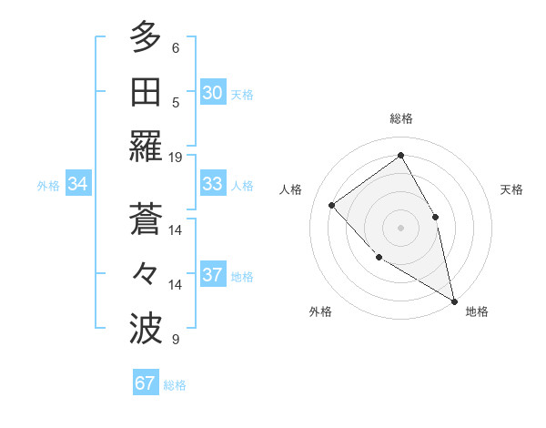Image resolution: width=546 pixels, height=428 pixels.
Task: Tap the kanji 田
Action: [146, 92]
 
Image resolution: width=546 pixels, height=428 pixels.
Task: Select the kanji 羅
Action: [146, 147]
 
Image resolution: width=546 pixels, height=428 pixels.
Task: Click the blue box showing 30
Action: [213, 93]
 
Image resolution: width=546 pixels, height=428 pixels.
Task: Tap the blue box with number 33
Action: [213, 184]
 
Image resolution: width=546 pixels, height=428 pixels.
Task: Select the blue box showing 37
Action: [213, 275]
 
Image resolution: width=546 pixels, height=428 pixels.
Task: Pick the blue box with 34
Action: [78, 184]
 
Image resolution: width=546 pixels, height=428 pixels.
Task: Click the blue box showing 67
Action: [146, 383]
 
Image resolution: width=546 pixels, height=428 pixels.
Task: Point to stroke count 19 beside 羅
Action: [176, 157]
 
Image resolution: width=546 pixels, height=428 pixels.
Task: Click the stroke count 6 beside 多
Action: [176, 47]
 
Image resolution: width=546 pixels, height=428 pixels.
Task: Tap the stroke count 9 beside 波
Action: [176, 340]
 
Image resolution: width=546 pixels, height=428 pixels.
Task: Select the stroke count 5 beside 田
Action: [176, 102]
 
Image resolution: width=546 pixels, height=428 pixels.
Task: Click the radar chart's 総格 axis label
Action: [401, 118]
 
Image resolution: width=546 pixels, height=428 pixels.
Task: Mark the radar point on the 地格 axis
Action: [454, 301]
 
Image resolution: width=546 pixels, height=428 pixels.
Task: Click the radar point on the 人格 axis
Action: [332, 205]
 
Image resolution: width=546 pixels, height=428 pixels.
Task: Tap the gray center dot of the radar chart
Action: [400, 227]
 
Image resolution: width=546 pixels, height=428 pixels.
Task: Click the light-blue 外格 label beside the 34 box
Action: [48, 185]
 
